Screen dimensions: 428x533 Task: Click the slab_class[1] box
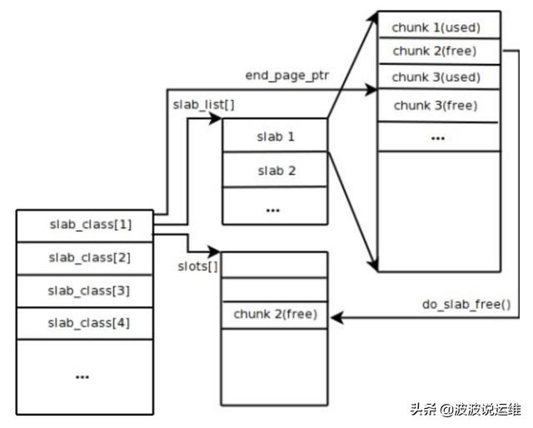[85, 225]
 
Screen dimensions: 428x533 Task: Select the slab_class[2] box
[85, 257]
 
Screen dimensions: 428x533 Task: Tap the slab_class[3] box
[85, 290]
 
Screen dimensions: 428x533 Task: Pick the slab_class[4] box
[85, 321]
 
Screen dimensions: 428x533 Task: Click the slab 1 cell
[276, 135]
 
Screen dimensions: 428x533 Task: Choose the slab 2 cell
[276, 171]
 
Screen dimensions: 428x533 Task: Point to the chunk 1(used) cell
[440, 26]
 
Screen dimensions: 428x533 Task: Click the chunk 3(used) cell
[440, 77]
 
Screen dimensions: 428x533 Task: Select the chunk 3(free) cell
[440, 106]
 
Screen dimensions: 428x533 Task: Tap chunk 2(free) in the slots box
[276, 316]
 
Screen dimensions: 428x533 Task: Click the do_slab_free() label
[466, 304]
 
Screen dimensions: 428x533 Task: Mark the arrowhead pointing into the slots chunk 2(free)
[338, 316]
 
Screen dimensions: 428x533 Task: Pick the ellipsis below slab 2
[272, 209]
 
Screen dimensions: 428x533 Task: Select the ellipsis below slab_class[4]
[82, 376]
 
